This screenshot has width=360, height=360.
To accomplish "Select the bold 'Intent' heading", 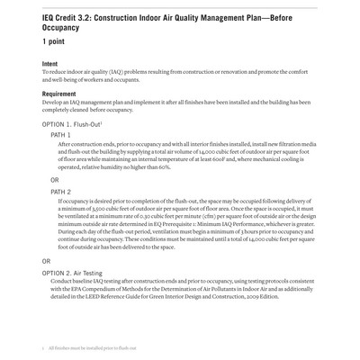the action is point(52,64).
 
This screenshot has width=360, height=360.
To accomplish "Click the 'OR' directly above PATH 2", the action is point(56,180).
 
